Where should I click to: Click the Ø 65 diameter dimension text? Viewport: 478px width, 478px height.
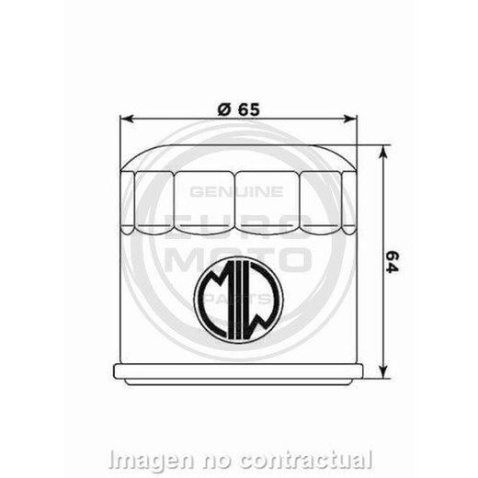pyautogui.click(x=238, y=107)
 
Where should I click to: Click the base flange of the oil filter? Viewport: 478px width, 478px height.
pyautogui.click(x=239, y=372)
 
